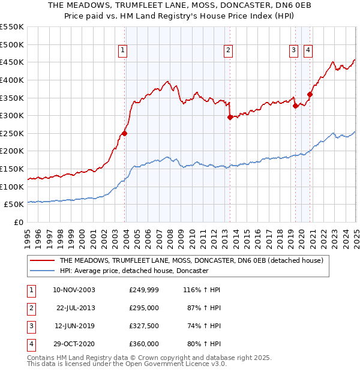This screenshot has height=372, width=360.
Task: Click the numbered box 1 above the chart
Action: [122, 51]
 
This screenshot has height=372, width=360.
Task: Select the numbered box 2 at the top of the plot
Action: [229, 51]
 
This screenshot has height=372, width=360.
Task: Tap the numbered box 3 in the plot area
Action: [293, 51]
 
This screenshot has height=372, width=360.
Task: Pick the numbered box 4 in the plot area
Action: [308, 51]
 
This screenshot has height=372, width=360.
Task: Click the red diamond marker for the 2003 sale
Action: [124, 133]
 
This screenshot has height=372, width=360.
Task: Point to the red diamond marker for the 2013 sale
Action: [230, 118]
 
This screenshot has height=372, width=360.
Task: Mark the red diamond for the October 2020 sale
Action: [310, 94]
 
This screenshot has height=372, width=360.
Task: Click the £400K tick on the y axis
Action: [12, 80]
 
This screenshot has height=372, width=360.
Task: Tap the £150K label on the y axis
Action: [12, 169]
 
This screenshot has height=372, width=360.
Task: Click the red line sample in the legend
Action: [42, 260]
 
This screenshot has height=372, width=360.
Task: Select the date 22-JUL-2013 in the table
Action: [75, 308]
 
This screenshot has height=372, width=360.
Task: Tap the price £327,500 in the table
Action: [144, 326]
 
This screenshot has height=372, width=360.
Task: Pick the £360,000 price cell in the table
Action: [144, 344]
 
